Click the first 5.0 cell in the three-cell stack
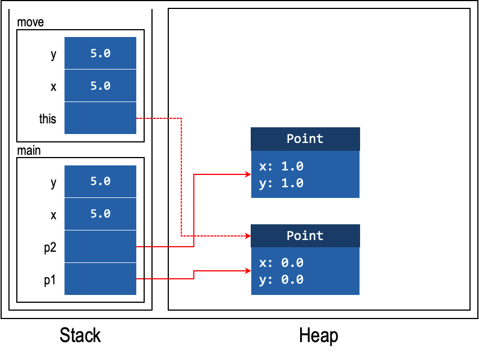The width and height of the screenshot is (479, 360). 100,53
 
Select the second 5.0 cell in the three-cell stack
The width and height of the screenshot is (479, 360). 100,86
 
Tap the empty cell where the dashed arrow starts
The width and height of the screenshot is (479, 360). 100,118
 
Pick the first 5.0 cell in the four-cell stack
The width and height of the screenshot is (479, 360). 100,181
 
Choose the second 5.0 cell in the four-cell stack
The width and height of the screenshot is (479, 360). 100,214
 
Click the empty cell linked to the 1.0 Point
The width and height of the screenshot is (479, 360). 100,246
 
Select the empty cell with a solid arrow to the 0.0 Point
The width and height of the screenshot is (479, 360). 100,279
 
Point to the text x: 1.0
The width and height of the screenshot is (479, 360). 281,167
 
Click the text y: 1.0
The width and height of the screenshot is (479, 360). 281,183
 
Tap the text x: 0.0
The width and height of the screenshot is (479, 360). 281,263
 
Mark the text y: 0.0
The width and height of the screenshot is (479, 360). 281,280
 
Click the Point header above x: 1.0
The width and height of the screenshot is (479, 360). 305,139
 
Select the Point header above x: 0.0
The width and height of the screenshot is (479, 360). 305,236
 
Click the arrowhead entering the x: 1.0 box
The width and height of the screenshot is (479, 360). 248,174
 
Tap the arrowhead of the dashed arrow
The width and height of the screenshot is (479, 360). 248,236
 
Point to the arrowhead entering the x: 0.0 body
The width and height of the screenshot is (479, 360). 248,271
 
